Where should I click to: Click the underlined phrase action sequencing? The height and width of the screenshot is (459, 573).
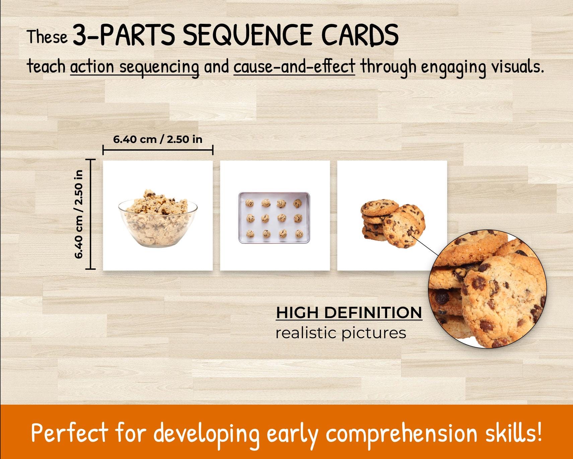[x=135, y=67]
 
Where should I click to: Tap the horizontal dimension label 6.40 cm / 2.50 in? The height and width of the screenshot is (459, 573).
[x=158, y=139]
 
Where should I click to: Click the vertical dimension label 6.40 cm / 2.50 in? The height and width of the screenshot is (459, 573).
[x=79, y=214]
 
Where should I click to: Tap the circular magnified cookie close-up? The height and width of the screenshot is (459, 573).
[x=488, y=289]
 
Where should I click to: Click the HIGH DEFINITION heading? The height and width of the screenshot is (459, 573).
[x=349, y=313]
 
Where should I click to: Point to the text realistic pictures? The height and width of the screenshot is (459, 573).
[x=341, y=333]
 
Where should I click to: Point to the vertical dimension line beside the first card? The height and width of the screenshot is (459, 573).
[x=90, y=214]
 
